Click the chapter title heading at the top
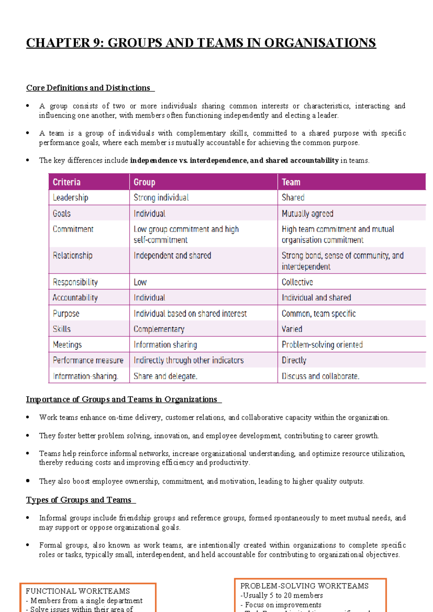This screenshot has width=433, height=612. (x=201, y=43)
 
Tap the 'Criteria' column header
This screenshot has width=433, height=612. (x=67, y=182)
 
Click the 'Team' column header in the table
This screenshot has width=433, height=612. (x=291, y=182)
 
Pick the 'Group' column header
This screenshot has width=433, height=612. (x=144, y=182)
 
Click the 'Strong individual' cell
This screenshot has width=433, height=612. (x=161, y=197)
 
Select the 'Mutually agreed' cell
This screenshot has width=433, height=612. (x=307, y=213)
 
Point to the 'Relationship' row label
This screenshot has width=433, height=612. (x=73, y=255)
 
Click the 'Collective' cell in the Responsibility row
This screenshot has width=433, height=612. (x=297, y=282)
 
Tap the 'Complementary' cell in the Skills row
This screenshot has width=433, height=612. (x=159, y=329)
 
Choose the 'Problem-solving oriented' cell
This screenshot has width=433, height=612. (x=322, y=345)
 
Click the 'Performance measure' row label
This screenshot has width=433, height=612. (x=88, y=360)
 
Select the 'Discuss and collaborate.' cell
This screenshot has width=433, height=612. (x=320, y=376)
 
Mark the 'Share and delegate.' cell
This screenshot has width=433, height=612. (x=165, y=376)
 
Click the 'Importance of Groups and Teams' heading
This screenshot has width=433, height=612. (x=122, y=399)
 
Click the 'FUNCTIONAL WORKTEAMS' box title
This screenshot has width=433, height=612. (x=78, y=591)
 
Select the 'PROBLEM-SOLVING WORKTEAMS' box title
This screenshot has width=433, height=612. (x=305, y=586)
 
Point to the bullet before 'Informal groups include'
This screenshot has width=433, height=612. (x=28, y=518)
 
